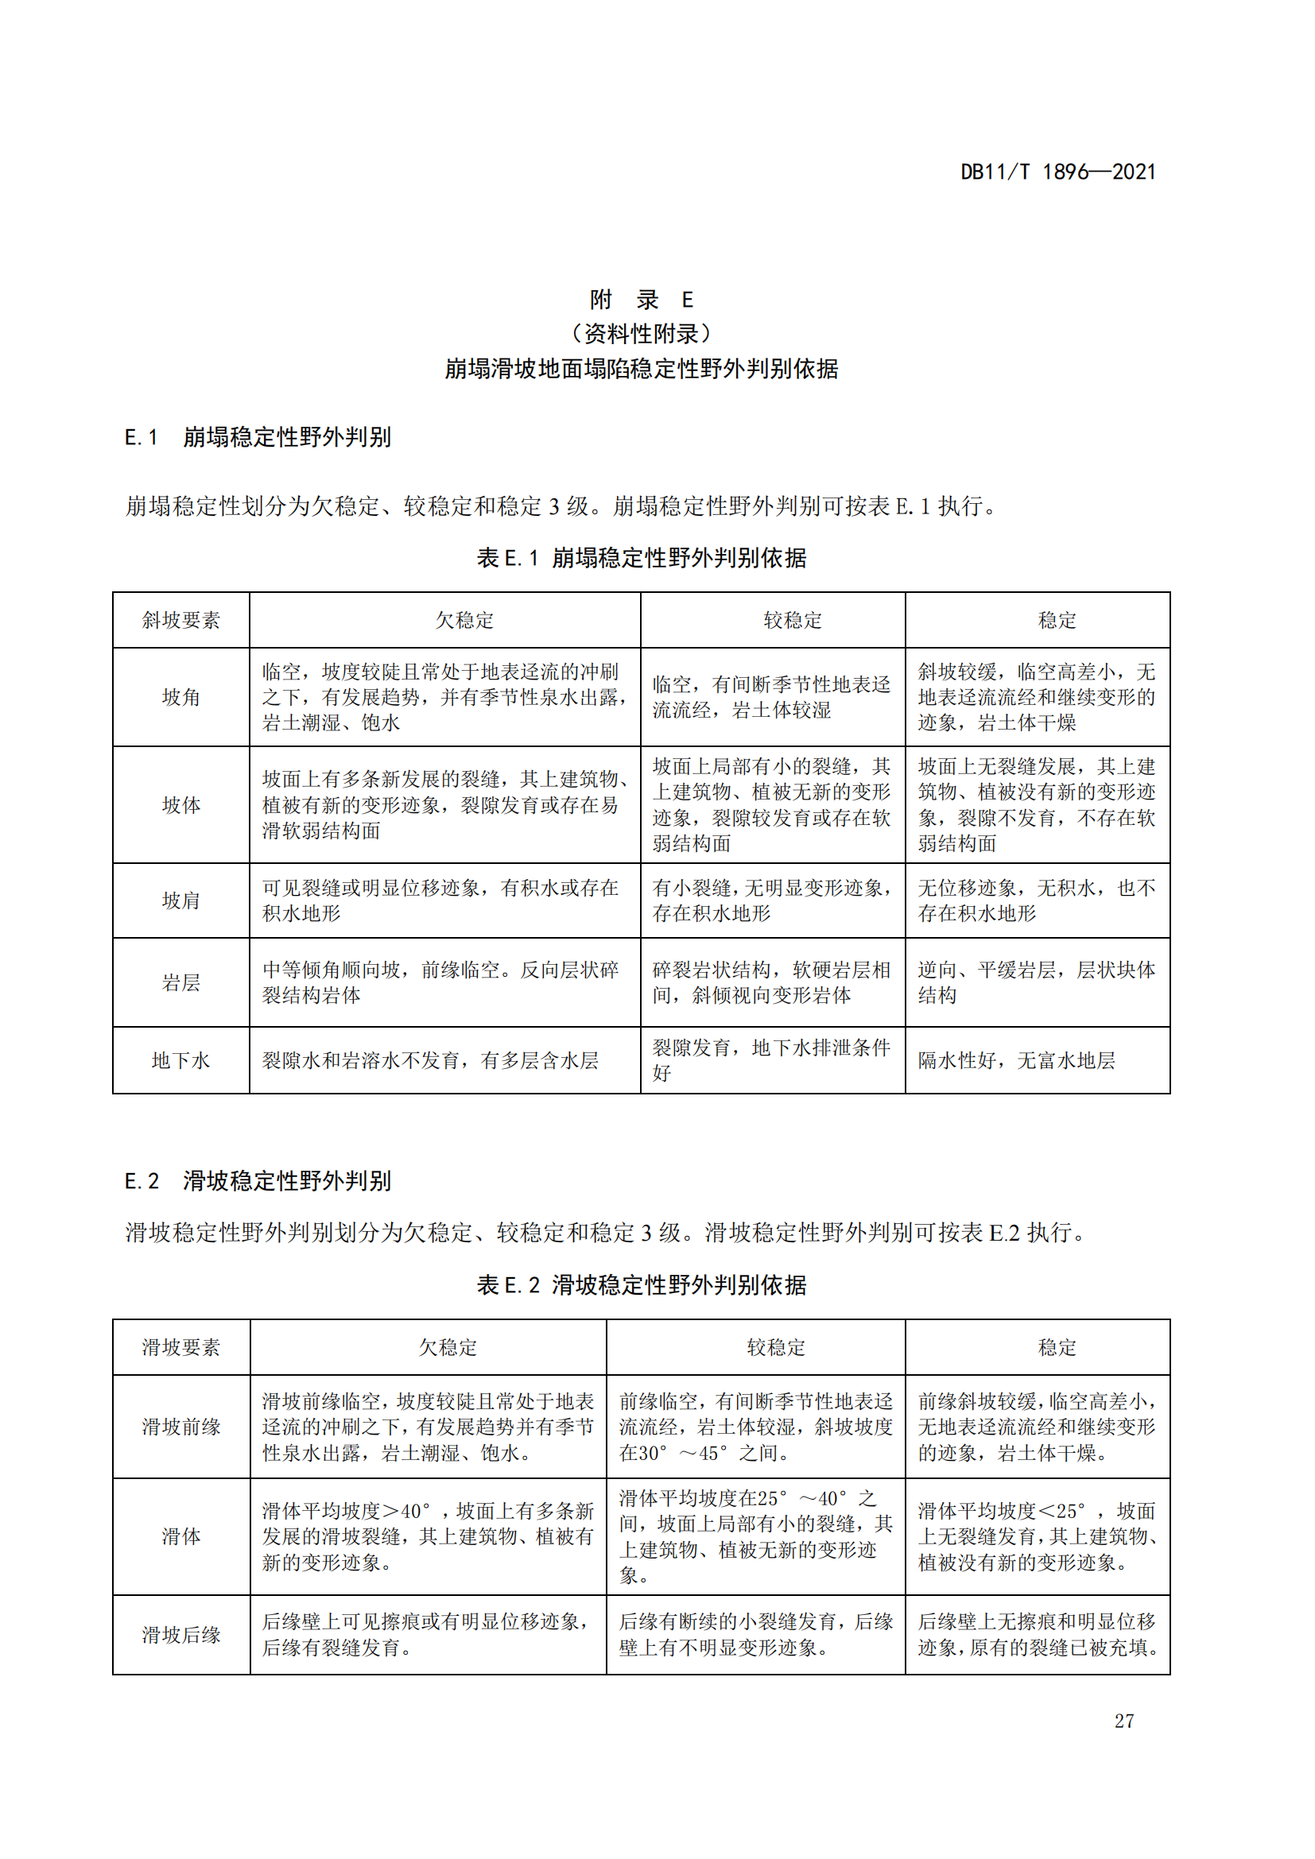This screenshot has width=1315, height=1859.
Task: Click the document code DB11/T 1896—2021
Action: coord(1057,172)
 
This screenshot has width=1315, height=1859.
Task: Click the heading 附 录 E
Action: coord(642,300)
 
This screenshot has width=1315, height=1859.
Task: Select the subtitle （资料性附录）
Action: coord(642,334)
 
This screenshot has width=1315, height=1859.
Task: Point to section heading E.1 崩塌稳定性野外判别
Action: coord(258,437)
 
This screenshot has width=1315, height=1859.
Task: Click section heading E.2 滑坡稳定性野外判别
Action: coord(258,1180)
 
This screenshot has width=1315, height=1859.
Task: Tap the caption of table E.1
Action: coord(642,558)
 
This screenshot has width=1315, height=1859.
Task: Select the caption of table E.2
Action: coord(642,1285)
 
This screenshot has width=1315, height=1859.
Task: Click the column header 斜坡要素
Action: coord(180,620)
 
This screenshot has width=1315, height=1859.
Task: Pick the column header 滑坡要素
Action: coord(180,1347)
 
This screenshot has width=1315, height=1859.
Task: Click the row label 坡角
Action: coord(180,697)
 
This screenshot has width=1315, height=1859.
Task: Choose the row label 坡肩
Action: coord(180,900)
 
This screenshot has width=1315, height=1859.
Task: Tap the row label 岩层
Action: coord(180,982)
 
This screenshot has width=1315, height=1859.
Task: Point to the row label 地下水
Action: coord(180,1060)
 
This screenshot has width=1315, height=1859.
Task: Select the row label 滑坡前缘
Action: coord(180,1427)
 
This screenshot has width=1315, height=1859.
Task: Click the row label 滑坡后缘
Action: coord(180,1635)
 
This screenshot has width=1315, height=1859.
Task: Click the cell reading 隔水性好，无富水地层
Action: coord(1016,1060)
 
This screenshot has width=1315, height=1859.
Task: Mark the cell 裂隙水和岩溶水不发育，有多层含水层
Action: coord(430,1060)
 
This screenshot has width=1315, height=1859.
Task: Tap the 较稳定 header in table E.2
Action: coord(776,1347)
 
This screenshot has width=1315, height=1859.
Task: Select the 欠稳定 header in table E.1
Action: coord(464,620)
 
